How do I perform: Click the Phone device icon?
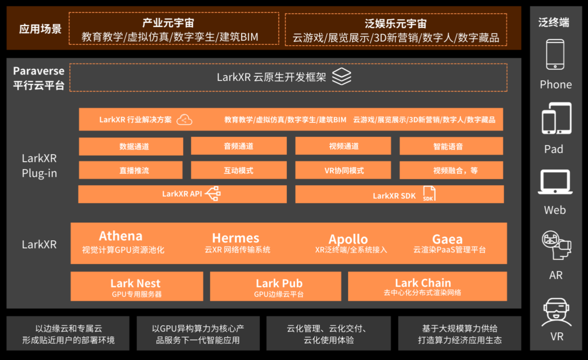coord(555,54)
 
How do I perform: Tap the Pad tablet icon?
coord(556,118)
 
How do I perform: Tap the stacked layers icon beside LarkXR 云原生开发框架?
coord(341,77)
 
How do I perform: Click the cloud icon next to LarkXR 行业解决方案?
coord(185,120)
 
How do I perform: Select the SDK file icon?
coord(429,194)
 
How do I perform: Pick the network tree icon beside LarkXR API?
coord(213,194)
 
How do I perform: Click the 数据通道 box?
coord(131,146)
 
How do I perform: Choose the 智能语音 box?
coord(451,146)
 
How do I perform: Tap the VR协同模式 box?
coord(343,170)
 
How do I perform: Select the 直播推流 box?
coord(131,170)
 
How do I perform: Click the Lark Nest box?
coord(136,287)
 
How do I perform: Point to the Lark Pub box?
coord(275,287)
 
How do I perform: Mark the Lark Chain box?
coord(427,287)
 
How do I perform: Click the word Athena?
coord(120,236)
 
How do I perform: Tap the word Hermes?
coord(236,238)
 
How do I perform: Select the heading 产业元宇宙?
coord(174,23)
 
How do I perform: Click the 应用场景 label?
coord(41,29)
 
